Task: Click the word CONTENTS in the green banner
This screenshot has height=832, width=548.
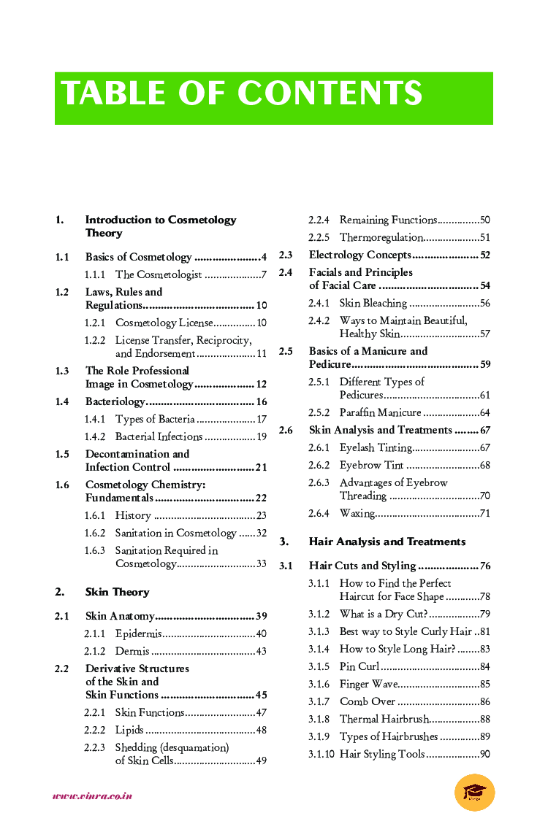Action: click(330, 94)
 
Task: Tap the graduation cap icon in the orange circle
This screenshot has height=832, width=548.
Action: click(474, 793)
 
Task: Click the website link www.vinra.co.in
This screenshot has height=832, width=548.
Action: click(92, 796)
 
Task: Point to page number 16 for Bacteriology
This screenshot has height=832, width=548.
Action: click(262, 401)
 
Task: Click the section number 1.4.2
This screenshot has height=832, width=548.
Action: click(95, 436)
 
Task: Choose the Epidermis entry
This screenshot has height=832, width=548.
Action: click(139, 633)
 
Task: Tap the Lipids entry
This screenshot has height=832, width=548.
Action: click(129, 730)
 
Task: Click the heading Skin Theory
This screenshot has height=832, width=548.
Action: click(117, 592)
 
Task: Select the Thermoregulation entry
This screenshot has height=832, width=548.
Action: click(381, 237)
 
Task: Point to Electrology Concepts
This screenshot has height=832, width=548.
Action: click(359, 255)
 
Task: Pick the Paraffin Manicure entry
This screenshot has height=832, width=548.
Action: click(380, 412)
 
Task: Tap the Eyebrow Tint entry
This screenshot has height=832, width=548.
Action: click(371, 465)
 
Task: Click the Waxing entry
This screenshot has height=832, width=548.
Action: click(357, 513)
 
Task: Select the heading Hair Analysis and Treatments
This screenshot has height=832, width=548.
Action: click(387, 542)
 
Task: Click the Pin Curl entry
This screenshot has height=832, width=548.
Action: click(359, 666)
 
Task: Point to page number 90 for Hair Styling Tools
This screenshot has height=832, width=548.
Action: click(484, 754)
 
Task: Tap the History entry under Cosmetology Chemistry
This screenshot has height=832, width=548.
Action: click(133, 515)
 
